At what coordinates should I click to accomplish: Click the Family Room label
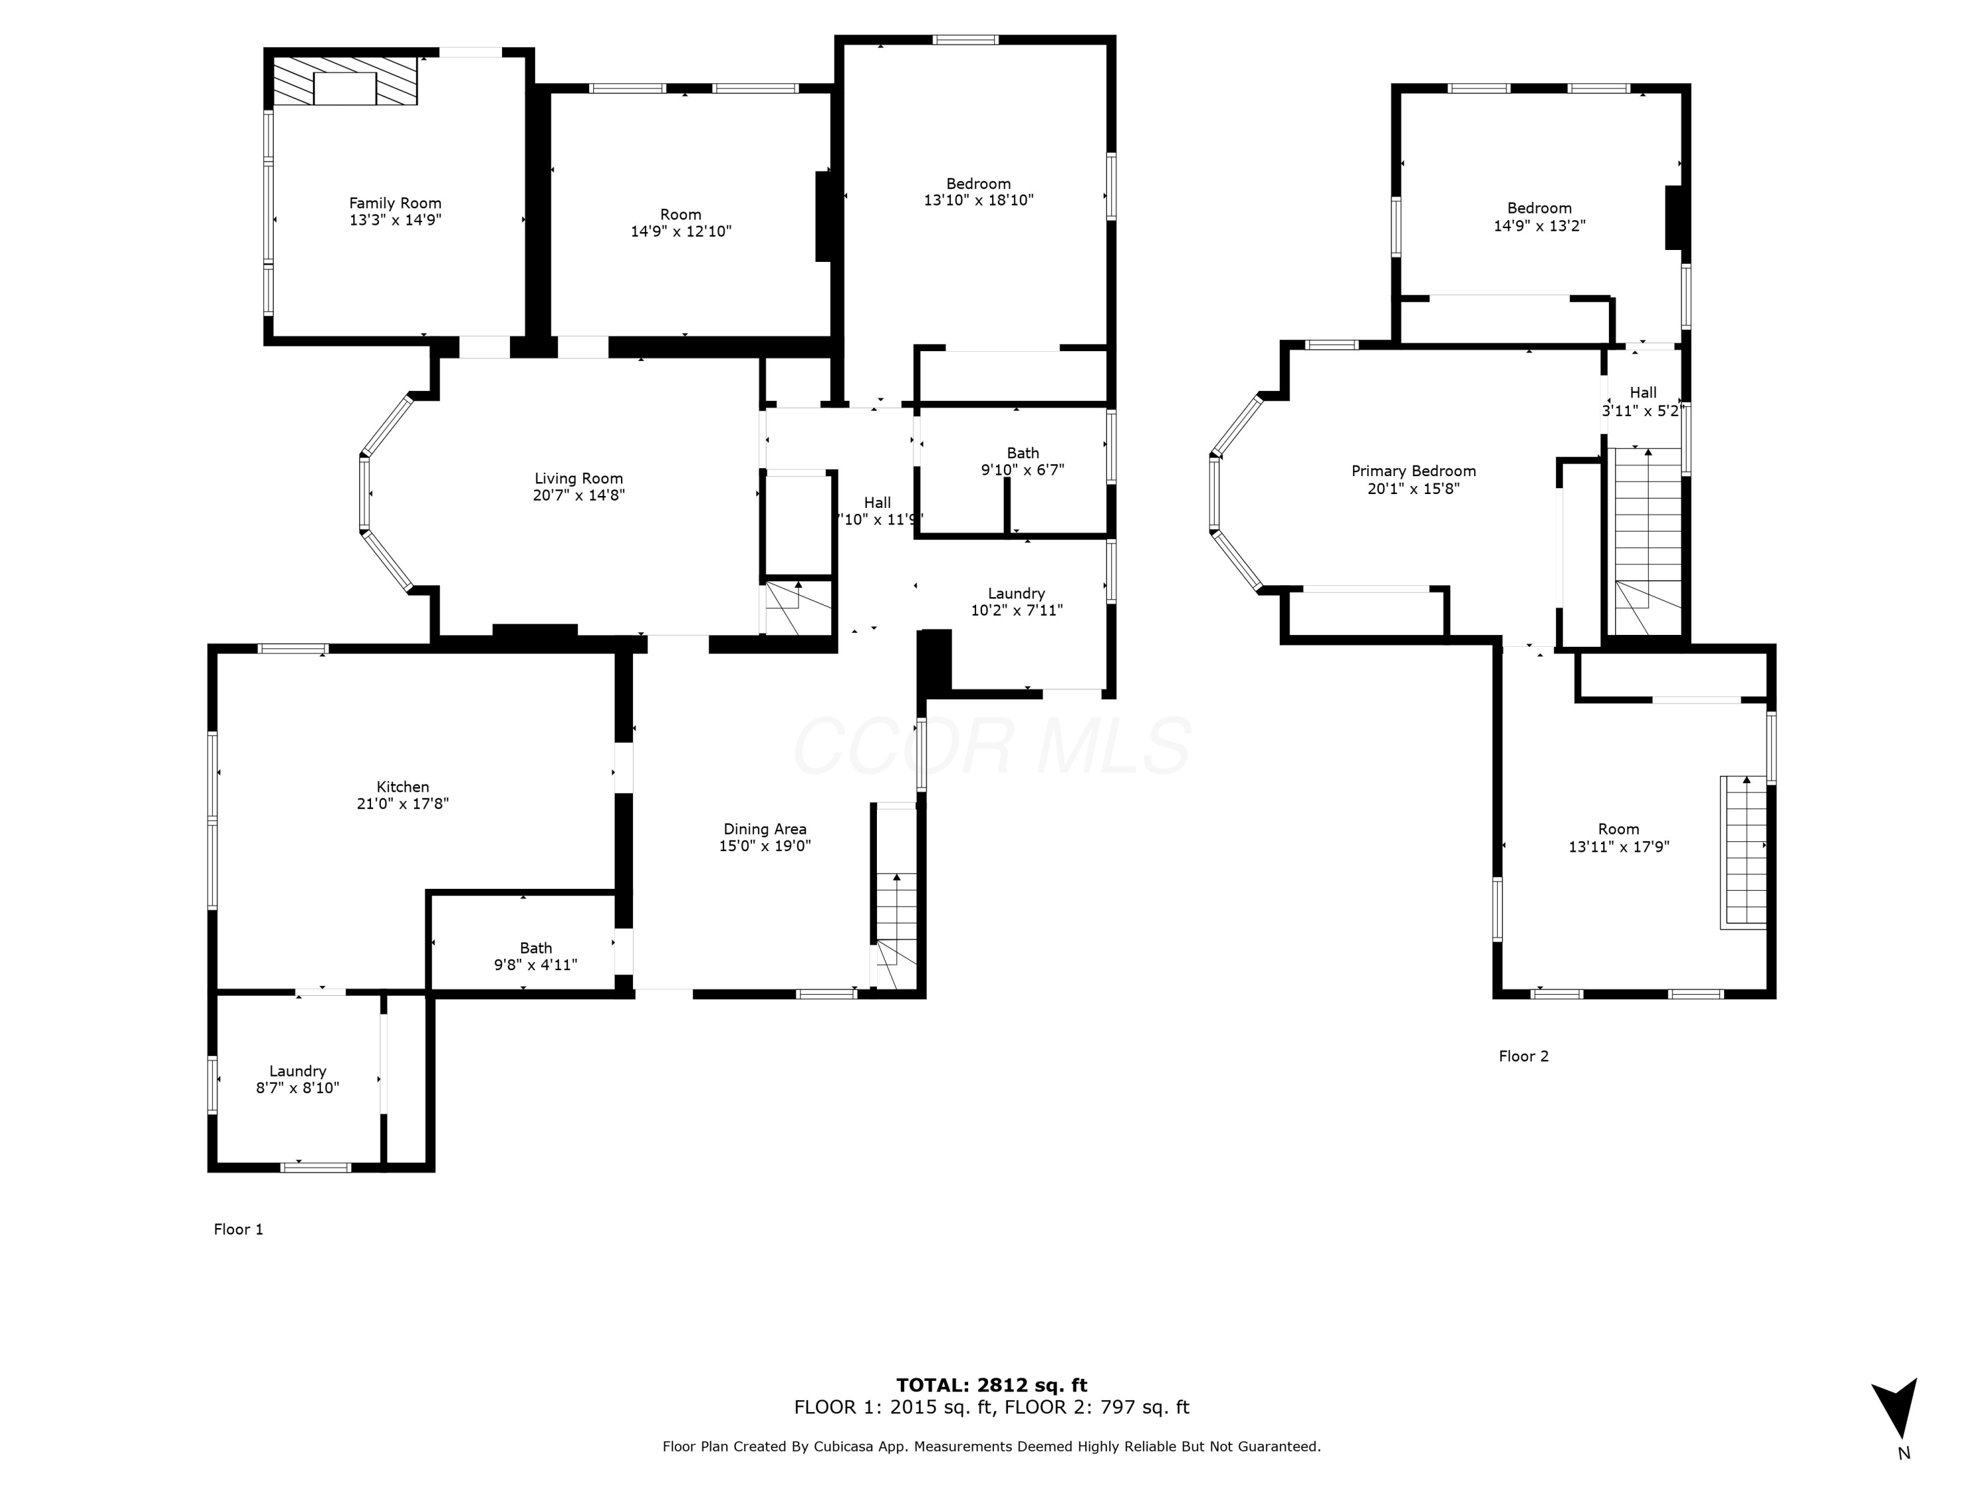coord(395,204)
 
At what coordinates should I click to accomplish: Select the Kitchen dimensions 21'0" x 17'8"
coord(403,804)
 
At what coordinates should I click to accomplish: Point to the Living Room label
coord(579,479)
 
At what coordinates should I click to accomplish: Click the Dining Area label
coord(765,829)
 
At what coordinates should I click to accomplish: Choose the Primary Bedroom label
coord(1413,471)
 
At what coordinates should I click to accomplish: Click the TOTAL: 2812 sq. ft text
coord(991,1385)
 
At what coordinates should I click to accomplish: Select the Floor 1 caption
coord(239,1229)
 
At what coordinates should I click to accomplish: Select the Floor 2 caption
coord(1523,1055)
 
